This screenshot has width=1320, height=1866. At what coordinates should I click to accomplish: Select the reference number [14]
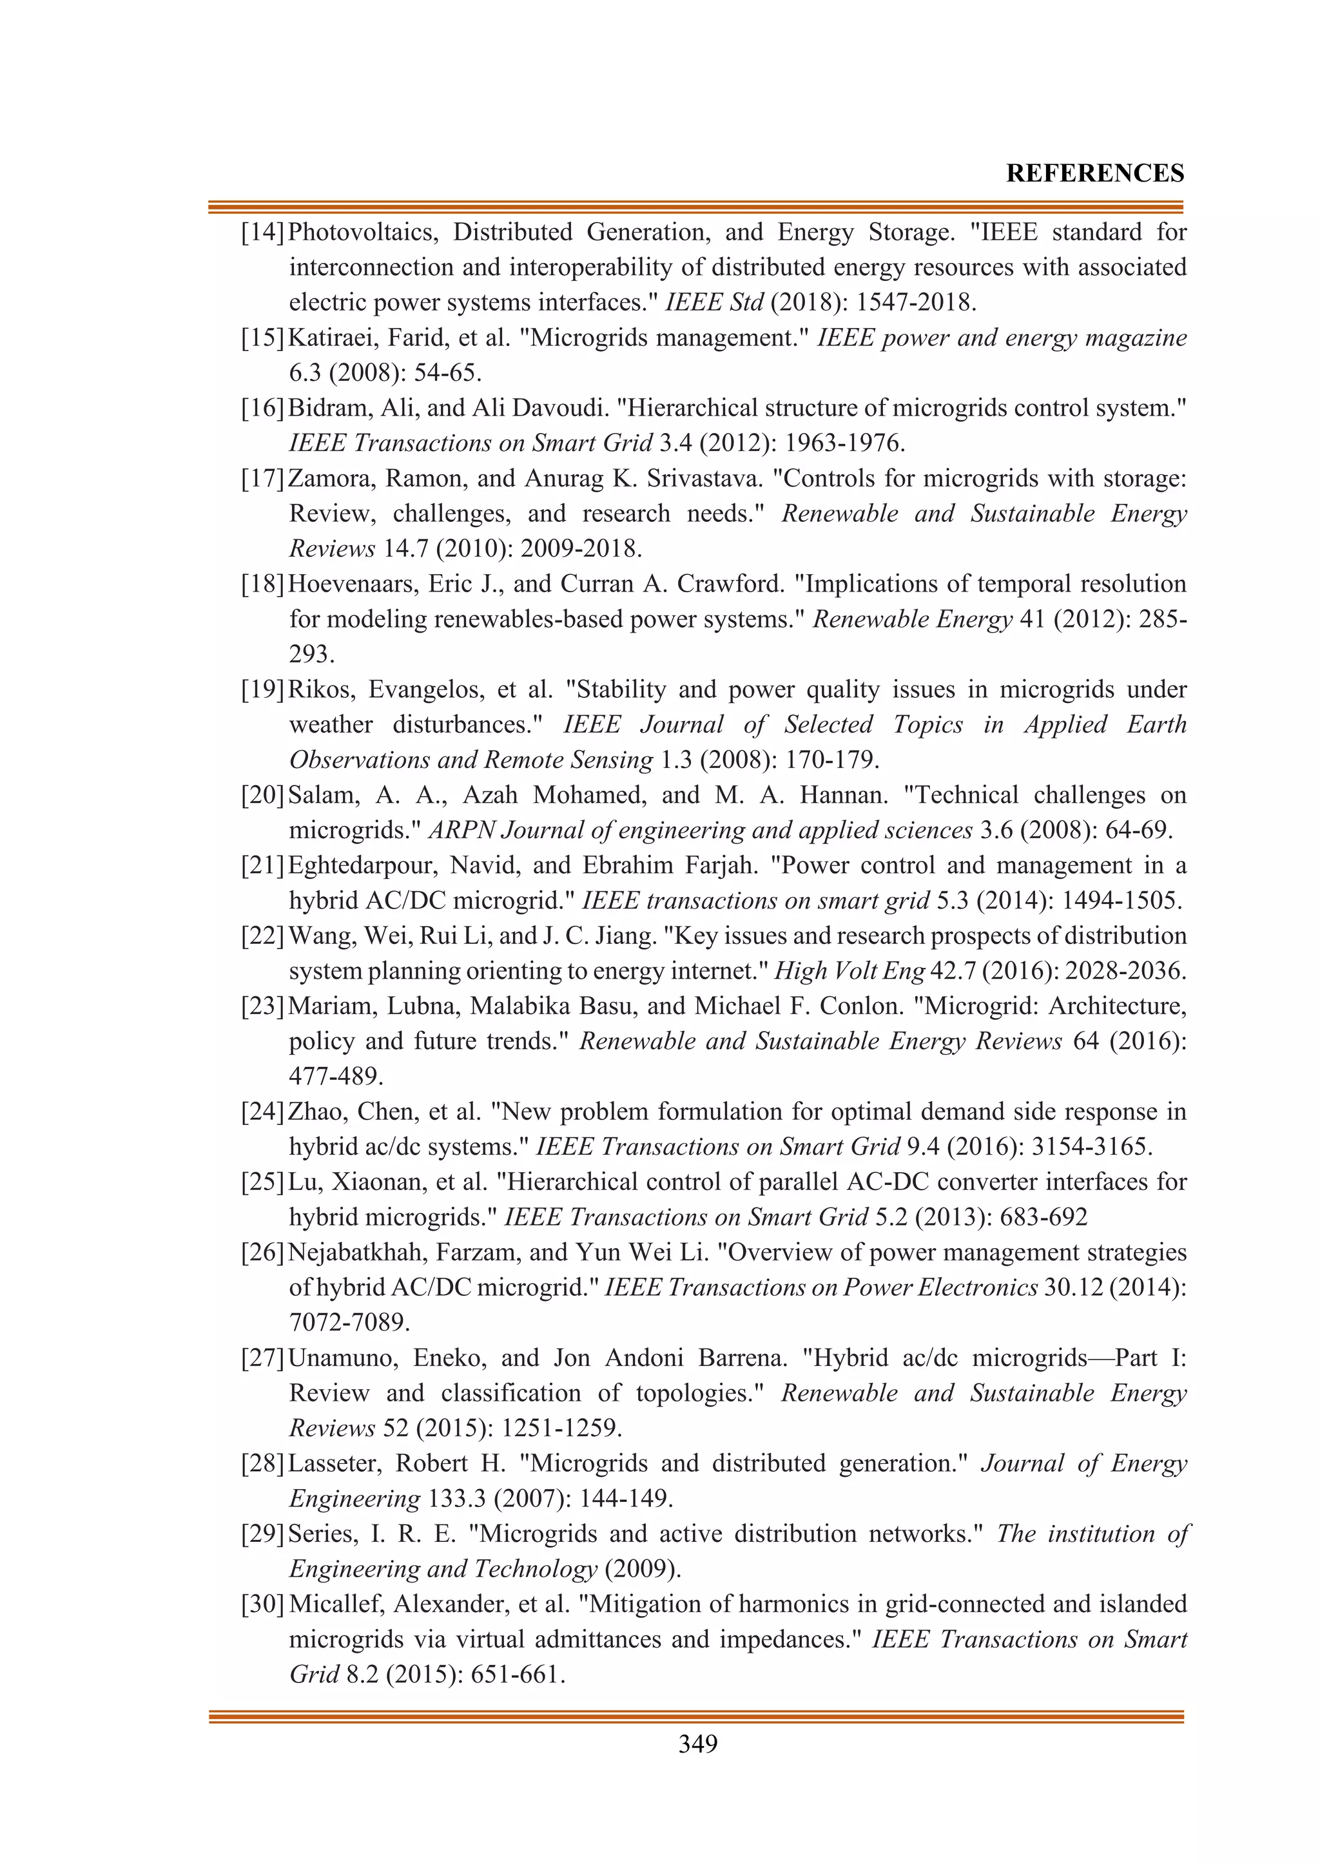click(262, 233)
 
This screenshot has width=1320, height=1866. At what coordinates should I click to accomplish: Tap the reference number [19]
click(262, 690)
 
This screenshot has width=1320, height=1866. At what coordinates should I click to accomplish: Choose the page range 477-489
click(336, 1077)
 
